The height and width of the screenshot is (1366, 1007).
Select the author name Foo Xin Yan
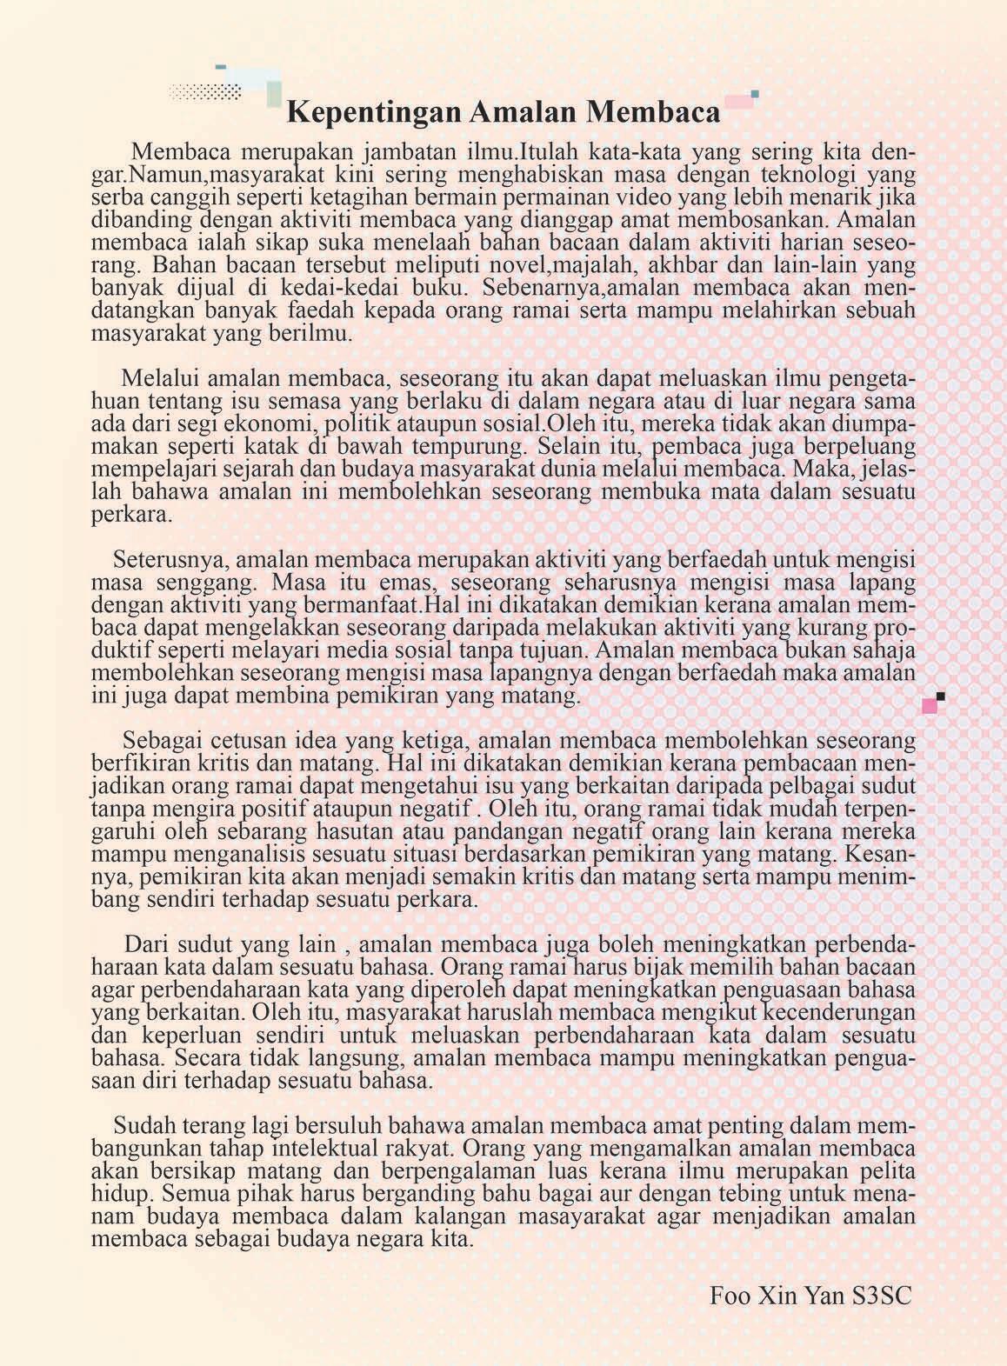point(776,1296)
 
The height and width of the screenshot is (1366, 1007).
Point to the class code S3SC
point(883,1296)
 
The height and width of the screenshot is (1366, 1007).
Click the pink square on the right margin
point(930,706)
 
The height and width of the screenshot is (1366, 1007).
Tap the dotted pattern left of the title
point(206,92)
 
